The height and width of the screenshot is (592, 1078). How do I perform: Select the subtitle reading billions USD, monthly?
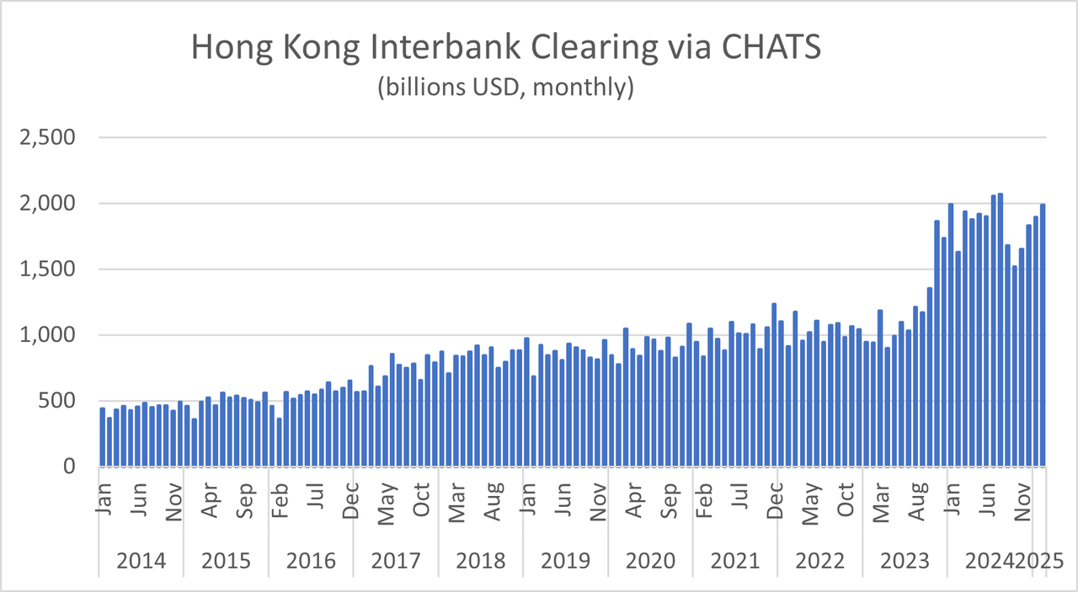pos(505,87)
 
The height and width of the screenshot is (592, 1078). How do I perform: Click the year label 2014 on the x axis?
pos(140,561)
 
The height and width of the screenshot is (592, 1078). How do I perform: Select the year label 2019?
pos(564,561)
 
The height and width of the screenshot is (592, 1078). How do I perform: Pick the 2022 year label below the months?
pos(819,561)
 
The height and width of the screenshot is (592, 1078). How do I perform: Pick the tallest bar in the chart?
pos(1001,329)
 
